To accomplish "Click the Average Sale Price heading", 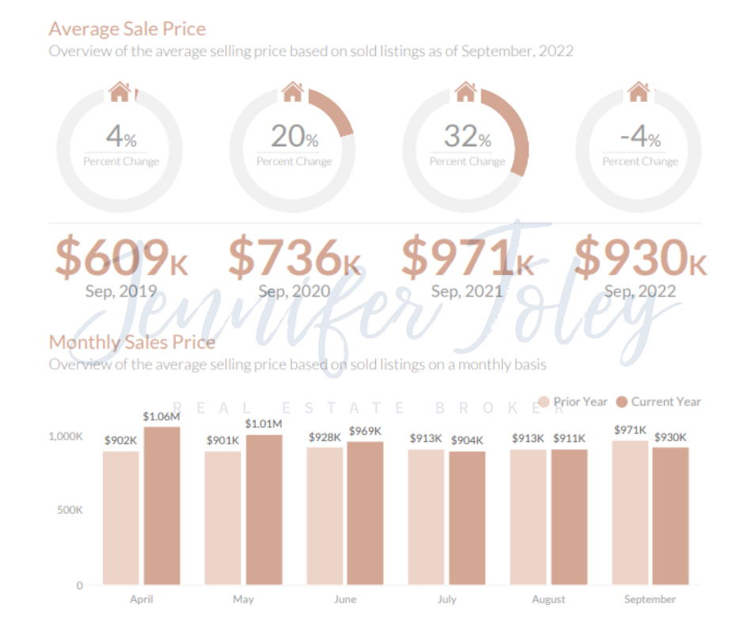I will pyautogui.click(x=127, y=29).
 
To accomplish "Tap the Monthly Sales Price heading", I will pyautogui.click(x=131, y=342).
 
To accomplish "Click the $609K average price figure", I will pyautogui.click(x=122, y=258).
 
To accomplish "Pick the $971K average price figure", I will pyautogui.click(x=467, y=258).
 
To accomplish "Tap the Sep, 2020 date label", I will pyautogui.click(x=294, y=291).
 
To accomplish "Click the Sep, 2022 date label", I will pyautogui.click(x=640, y=291).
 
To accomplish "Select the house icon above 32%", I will pyautogui.click(x=465, y=92).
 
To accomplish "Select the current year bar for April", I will pyautogui.click(x=161, y=506).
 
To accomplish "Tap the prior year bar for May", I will pyautogui.click(x=222, y=518).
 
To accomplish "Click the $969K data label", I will pyautogui.click(x=365, y=431).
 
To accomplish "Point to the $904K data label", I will pyautogui.click(x=467, y=440).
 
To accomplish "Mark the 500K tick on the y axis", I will pyautogui.click(x=69, y=510).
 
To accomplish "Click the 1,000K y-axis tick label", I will pyautogui.click(x=66, y=436).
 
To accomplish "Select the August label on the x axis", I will pyautogui.click(x=549, y=599).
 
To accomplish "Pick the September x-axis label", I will pyautogui.click(x=650, y=599).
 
